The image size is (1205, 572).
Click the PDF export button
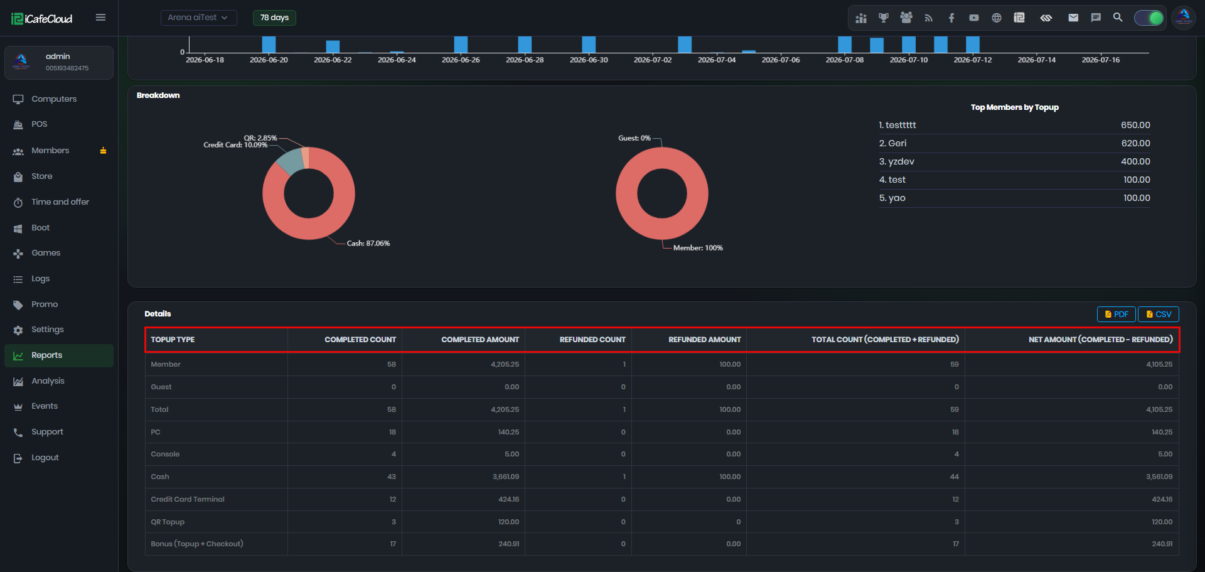point(1116,315)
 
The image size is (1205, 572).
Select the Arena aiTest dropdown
point(198,18)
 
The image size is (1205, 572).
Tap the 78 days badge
point(274,18)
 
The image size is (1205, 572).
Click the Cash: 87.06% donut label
point(368,244)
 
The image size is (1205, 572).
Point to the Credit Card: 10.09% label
point(235,145)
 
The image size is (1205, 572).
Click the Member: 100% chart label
point(698,248)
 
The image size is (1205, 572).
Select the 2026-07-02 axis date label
point(653,60)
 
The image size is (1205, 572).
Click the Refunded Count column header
point(592,340)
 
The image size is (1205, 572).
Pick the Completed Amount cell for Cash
point(506,477)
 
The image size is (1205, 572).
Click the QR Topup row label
point(168,522)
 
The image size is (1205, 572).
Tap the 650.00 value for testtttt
point(1135,126)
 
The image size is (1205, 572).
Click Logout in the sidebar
point(45,458)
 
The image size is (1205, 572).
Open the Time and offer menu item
point(60,202)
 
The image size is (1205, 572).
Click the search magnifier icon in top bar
point(1118,18)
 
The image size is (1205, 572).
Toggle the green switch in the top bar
point(1149,18)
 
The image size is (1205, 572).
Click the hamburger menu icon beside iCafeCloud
point(100,18)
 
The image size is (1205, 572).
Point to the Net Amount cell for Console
point(1165,455)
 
